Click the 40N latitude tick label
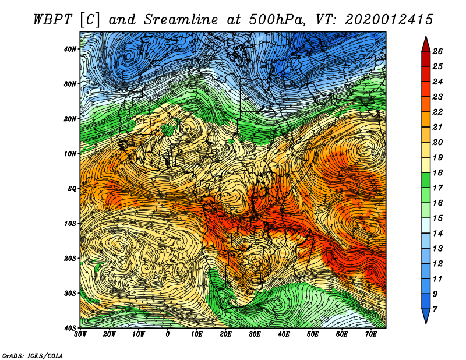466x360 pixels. [x=70, y=49]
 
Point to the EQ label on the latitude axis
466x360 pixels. [x=72, y=189]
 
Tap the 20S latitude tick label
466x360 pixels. [x=70, y=258]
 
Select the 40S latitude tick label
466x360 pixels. [x=70, y=328]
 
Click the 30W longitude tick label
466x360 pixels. [x=80, y=334]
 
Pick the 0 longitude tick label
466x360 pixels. [x=168, y=334]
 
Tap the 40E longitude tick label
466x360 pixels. [x=284, y=334]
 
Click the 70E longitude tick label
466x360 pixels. [x=371, y=334]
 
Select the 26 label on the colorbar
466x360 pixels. [x=437, y=51]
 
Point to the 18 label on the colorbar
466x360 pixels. [x=437, y=172]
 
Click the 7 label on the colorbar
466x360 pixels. [x=435, y=309]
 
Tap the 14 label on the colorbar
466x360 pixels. [x=437, y=234]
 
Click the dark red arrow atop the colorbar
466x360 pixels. [x=426, y=44]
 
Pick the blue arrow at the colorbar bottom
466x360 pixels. [x=426, y=316]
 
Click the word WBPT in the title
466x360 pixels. [x=53, y=20]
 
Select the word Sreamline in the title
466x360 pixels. [x=181, y=20]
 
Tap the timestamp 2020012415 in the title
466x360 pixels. [x=389, y=20]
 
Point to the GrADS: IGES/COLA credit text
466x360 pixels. [x=33, y=356]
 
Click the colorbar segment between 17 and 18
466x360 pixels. [x=426, y=180]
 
